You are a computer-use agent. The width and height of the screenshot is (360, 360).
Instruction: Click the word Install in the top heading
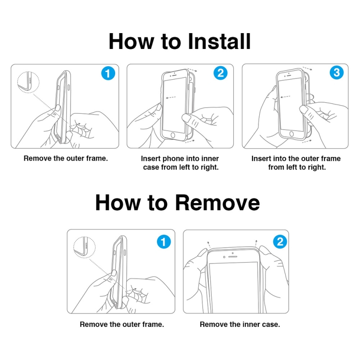click(x=219, y=41)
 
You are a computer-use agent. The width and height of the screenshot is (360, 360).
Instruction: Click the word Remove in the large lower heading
click(x=217, y=203)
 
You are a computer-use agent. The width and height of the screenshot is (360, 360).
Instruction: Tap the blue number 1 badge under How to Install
click(x=108, y=73)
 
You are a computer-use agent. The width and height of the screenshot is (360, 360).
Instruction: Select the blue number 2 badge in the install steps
click(x=220, y=73)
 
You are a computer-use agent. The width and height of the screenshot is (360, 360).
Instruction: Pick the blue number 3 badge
click(x=336, y=72)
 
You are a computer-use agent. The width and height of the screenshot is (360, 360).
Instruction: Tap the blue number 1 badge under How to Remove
click(x=164, y=242)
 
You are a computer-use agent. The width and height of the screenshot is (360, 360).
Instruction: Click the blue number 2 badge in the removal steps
click(x=280, y=241)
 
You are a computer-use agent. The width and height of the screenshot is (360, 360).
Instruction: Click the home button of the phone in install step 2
click(x=173, y=135)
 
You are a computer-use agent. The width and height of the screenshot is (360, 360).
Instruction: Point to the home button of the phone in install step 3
click(x=291, y=134)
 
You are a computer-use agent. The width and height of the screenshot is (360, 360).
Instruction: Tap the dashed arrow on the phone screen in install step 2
click(x=170, y=97)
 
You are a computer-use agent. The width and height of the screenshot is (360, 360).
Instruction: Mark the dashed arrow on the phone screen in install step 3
click(x=286, y=97)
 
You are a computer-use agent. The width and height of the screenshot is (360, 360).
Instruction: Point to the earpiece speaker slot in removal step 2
click(x=233, y=256)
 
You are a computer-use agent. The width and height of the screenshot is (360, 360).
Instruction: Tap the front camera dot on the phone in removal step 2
click(x=224, y=257)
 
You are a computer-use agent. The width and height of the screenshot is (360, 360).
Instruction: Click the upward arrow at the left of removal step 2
click(x=209, y=244)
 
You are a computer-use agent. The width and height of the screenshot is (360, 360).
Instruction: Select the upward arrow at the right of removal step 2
click(x=256, y=243)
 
